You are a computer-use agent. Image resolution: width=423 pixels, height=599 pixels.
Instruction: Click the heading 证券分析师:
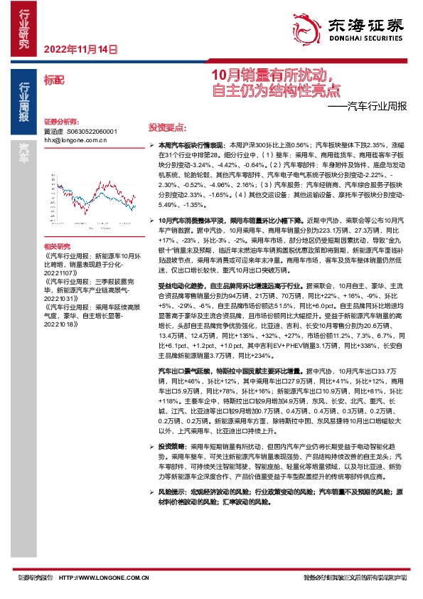click(60, 122)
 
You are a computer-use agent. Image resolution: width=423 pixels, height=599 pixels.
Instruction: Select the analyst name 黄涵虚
click(53, 132)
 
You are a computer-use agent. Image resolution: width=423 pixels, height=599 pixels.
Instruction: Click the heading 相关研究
click(58, 245)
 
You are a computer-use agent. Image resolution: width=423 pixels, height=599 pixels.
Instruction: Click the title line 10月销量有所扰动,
click(278, 75)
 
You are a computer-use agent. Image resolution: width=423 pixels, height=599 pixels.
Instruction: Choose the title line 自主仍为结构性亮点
click(278, 90)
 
